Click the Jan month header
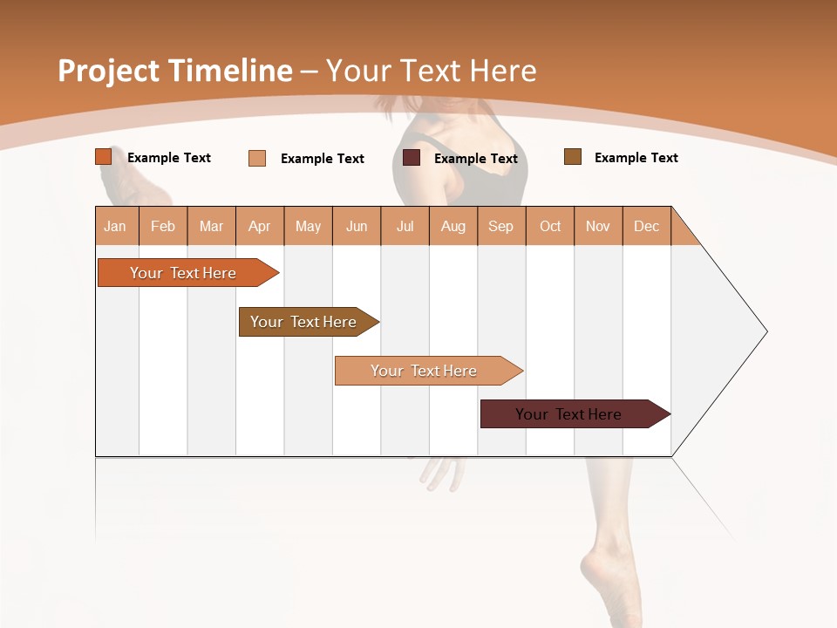point(116,226)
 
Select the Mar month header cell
point(211,226)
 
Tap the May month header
point(308,226)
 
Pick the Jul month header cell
point(405,226)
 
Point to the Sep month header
point(500,226)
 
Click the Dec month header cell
point(646,226)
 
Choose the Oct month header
point(549,226)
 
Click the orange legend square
point(104,157)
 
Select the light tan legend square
point(257,158)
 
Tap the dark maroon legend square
point(412,158)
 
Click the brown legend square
point(573,157)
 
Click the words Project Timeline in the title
point(175,71)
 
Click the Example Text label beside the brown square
point(636,158)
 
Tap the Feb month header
point(163,226)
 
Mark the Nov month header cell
point(598,226)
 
